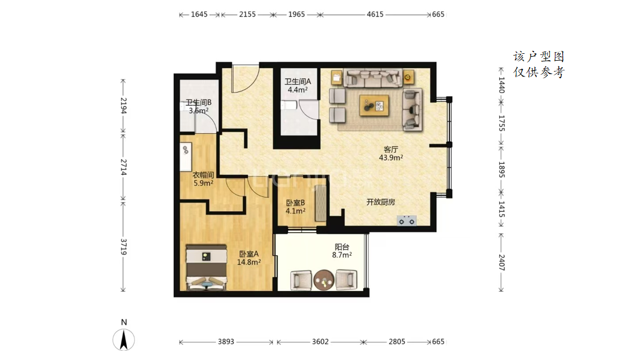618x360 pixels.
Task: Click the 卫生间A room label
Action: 298,86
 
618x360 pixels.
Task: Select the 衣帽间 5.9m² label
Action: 203,179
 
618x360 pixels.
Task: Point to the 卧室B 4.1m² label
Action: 295,207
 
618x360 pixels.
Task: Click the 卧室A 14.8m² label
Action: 248,258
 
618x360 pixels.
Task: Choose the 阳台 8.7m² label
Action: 342,251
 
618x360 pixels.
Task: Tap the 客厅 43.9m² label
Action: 390,153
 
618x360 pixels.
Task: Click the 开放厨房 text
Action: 381,202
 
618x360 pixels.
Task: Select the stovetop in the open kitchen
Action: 407,221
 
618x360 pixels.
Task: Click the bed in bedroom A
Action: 207,267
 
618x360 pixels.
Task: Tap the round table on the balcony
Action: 324,280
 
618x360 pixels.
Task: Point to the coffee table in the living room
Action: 374,105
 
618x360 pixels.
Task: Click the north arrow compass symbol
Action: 124,339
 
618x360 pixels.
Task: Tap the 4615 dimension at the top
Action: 375,14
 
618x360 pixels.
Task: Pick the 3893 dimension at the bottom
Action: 226,341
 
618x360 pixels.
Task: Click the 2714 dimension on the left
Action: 123,167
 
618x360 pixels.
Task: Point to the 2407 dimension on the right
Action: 502,262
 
